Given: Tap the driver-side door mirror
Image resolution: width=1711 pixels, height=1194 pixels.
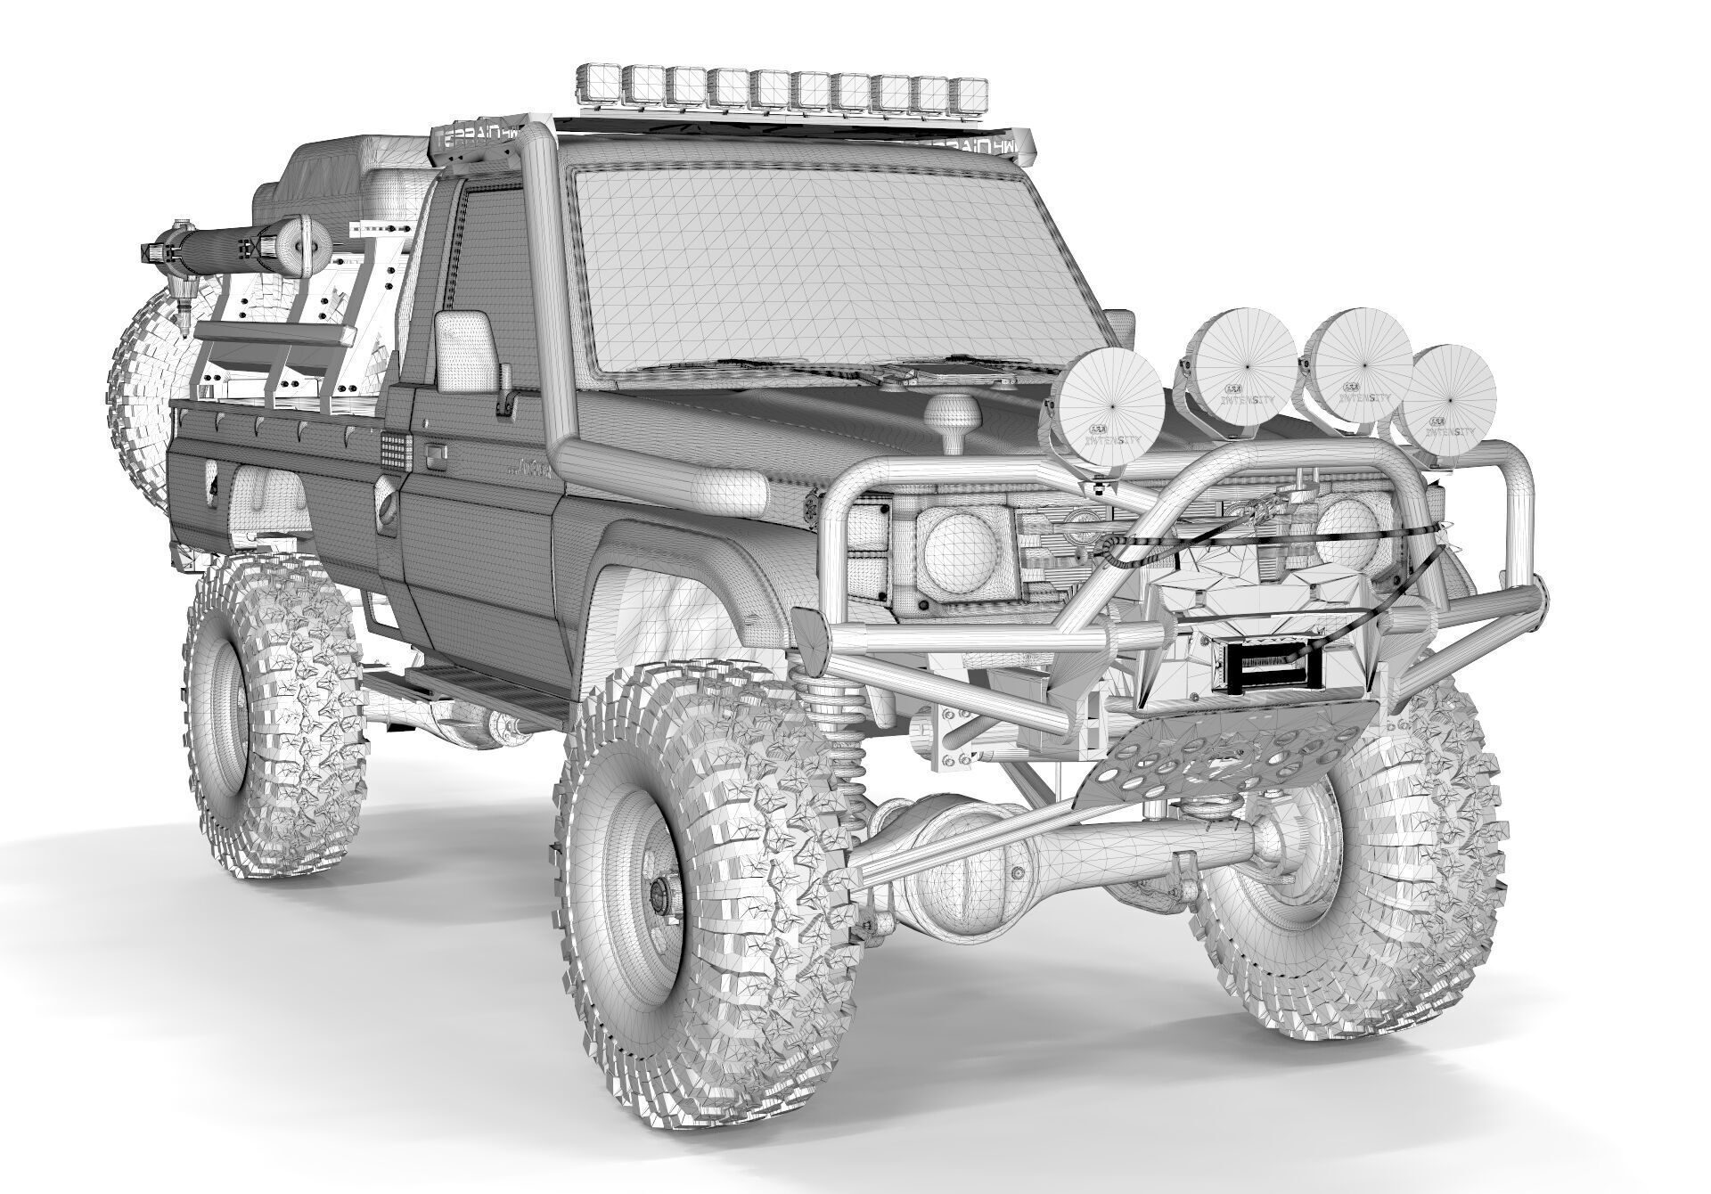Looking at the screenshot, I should pos(463,352).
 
